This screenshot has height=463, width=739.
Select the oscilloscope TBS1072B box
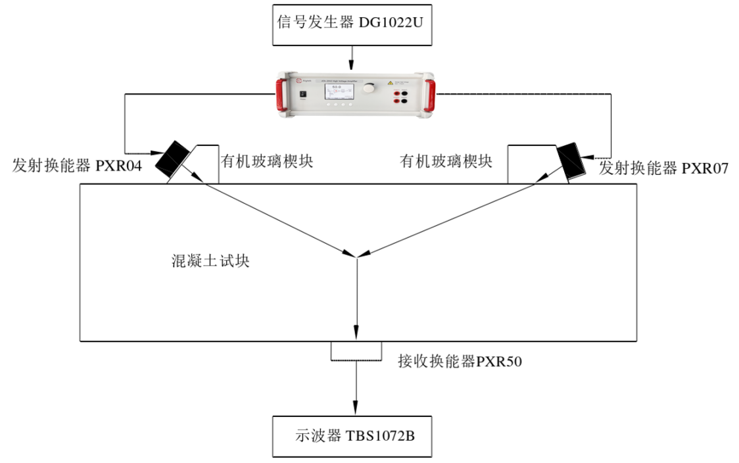coord(352,436)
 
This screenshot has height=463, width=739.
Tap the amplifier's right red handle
coord(430,96)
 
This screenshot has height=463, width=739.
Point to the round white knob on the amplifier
coord(372,88)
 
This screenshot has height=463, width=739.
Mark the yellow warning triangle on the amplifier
coord(390,84)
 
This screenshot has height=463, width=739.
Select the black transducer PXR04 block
coord(172,158)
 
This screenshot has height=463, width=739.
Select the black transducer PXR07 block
coord(571,159)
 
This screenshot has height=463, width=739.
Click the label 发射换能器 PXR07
coord(663,168)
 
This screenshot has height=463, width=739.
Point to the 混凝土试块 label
coord(210,261)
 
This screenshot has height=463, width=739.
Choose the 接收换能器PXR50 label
coord(460,361)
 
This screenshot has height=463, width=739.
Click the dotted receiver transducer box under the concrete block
coord(356,351)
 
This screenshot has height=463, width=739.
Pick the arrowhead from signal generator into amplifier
coord(354,65)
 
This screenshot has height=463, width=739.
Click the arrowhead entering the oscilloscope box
coord(356,410)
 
